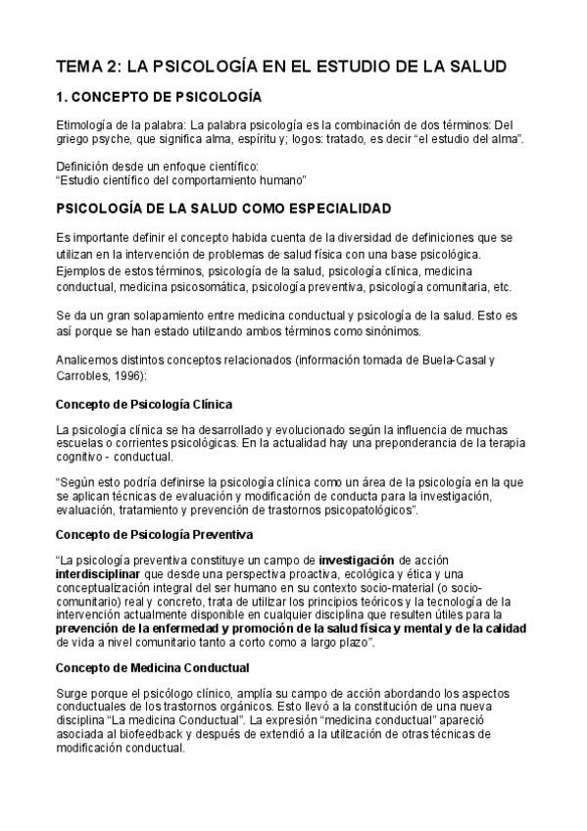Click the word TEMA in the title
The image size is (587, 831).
click(79, 67)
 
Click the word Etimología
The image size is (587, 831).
click(85, 124)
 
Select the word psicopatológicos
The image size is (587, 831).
click(365, 511)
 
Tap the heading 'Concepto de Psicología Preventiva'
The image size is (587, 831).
click(155, 535)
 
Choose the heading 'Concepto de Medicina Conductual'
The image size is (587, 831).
click(152, 667)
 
